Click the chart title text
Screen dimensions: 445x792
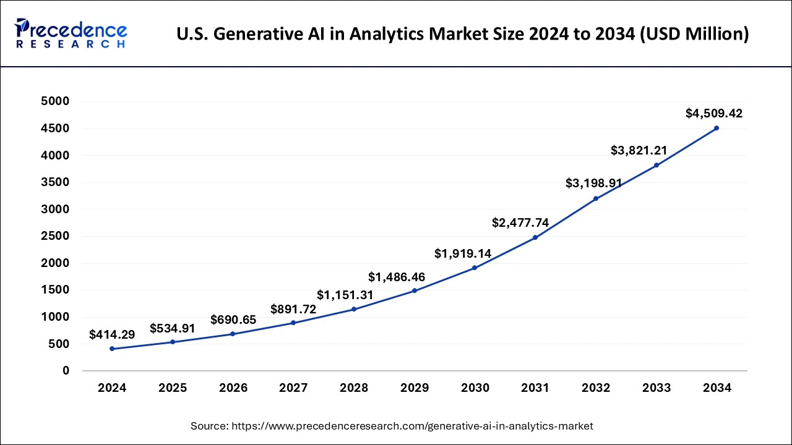point(462,34)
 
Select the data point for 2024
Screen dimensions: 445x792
point(112,349)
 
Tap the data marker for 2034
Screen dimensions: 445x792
point(717,128)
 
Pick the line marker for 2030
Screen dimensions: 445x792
point(475,268)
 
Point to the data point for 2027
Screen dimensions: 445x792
point(293,323)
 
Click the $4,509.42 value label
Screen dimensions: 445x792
point(714,113)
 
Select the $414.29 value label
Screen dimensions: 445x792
point(112,334)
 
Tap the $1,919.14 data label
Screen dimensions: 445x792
point(463,253)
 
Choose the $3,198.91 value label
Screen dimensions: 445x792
point(594,183)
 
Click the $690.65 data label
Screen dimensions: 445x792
point(233,320)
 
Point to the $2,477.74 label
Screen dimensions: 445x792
point(520,222)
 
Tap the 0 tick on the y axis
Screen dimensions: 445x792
point(65,371)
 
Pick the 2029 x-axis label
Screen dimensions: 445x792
point(415,388)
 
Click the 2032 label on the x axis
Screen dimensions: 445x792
point(596,388)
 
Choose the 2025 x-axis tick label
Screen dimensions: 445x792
point(173,388)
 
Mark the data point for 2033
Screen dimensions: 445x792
point(656,165)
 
